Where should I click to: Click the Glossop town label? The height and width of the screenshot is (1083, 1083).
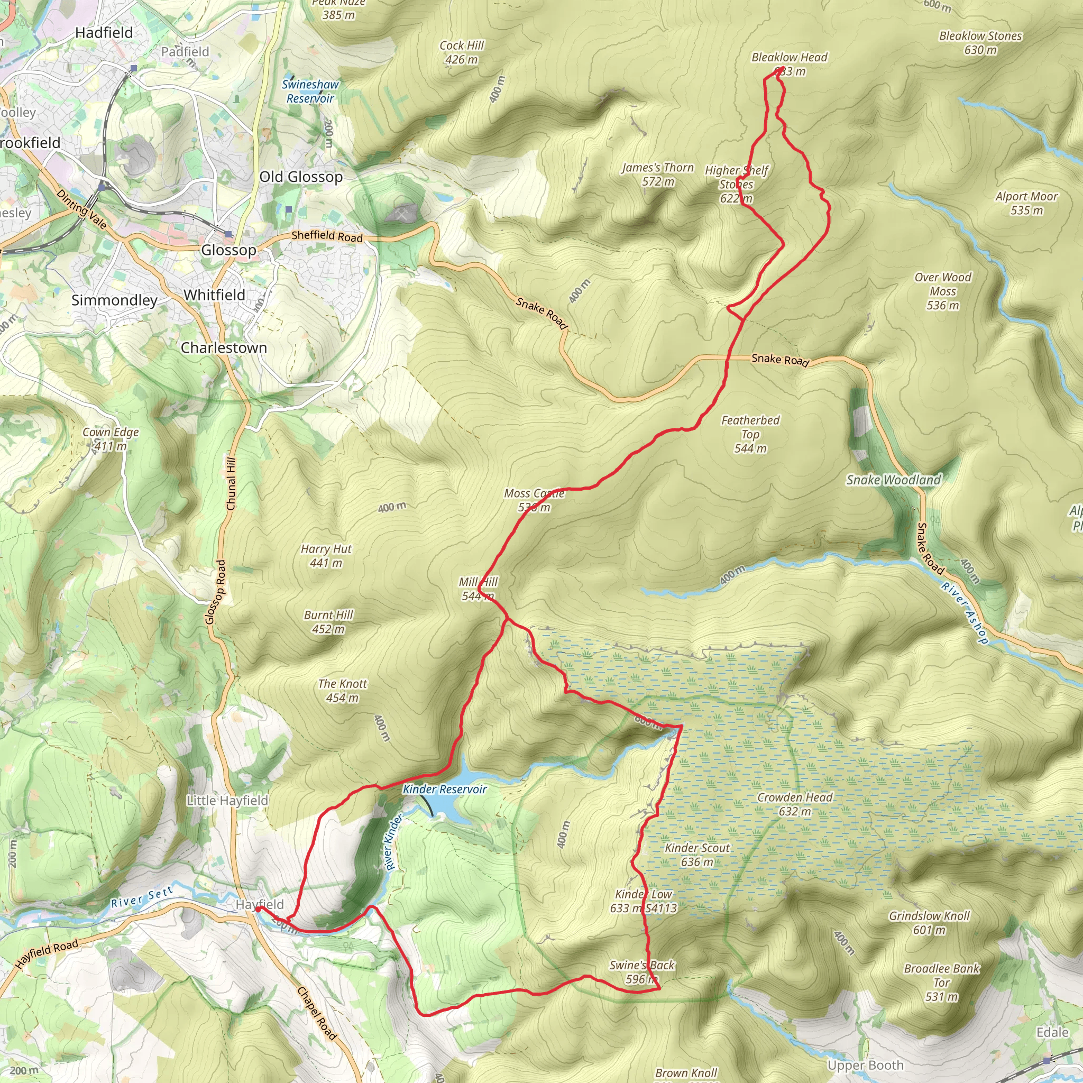[228, 250]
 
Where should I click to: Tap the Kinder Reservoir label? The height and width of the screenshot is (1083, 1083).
[445, 790]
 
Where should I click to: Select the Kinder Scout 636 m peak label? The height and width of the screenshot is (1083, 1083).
[697, 855]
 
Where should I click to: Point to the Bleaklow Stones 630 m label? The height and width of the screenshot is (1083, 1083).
[980, 43]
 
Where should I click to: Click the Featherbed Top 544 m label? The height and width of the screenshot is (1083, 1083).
[750, 434]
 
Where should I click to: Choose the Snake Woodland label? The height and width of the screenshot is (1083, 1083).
[894, 480]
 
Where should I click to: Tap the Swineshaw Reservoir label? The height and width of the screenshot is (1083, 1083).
[310, 91]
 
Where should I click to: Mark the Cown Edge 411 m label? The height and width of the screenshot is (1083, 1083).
[111, 439]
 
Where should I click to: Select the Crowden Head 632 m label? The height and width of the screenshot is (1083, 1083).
[795, 804]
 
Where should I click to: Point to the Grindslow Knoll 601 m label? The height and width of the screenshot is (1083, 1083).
[929, 923]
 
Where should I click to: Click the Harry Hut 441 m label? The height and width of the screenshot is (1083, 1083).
[326, 556]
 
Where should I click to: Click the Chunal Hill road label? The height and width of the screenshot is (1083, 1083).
[231, 483]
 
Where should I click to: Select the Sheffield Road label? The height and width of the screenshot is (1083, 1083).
[327, 236]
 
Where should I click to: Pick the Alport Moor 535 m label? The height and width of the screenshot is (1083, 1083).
[1026, 203]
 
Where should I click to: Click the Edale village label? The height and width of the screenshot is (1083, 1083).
[1052, 1033]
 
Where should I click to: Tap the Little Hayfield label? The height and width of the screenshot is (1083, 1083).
[227, 801]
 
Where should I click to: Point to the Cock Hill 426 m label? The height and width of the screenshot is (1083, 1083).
[461, 52]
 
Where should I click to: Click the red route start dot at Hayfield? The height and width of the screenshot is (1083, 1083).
[258, 909]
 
